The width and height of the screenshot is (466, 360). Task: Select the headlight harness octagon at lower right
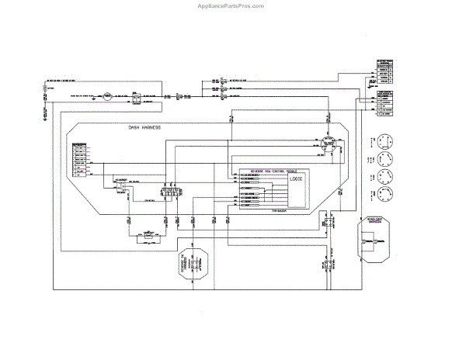(x=376, y=241)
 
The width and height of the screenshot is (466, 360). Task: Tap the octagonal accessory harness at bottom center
(x=189, y=267)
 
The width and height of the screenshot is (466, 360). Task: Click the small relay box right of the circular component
(x=136, y=97)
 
